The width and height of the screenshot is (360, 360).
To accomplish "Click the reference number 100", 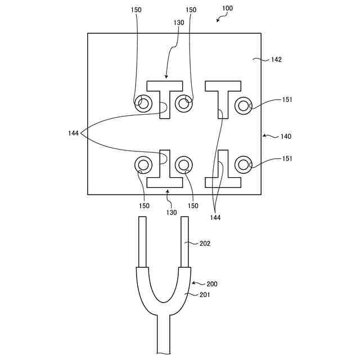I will pos(227,9).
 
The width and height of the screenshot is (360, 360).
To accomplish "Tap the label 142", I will pos(276,59).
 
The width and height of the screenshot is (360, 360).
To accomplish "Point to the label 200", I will pos(211,284).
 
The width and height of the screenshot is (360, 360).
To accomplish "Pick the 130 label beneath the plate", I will pos(171,213).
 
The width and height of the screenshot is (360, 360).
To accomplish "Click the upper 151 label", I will pos(287,100).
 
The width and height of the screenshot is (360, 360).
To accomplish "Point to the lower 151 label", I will pos(287,159).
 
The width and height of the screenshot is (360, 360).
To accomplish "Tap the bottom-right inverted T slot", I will pos(223,181).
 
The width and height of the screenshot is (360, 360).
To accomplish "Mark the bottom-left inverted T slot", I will pos(165,181).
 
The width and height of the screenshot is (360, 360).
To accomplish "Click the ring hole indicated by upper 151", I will pos(243,105).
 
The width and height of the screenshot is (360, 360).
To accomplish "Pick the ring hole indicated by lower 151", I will pos(243,165).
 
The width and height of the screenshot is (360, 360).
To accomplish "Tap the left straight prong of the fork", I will pos(143,242).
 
